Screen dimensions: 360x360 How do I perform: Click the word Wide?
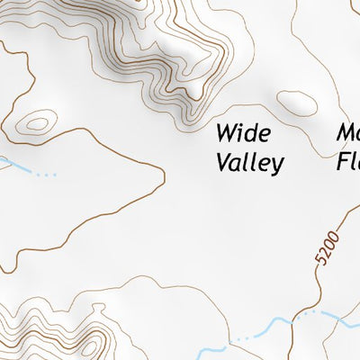coord(243,134)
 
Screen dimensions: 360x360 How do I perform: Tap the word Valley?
coord(249,163)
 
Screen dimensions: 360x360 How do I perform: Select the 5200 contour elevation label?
coord(329,247)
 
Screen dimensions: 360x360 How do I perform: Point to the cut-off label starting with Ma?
coord(347,134)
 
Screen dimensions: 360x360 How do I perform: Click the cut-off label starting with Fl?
coord(348,163)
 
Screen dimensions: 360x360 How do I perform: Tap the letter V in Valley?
coord(223,163)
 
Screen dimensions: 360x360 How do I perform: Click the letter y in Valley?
coord(277,166)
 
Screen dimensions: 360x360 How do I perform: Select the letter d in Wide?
coord(251,134)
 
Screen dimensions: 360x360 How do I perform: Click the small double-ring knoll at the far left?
coord(39,122)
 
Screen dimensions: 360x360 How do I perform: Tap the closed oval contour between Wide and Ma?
coord(298,103)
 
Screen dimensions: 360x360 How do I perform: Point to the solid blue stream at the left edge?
coord(5,162)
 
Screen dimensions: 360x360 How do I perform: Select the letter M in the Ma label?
coord(346,134)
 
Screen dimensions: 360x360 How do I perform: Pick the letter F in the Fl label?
coord(344,163)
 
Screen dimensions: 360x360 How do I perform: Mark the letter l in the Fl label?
coord(355,163)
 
